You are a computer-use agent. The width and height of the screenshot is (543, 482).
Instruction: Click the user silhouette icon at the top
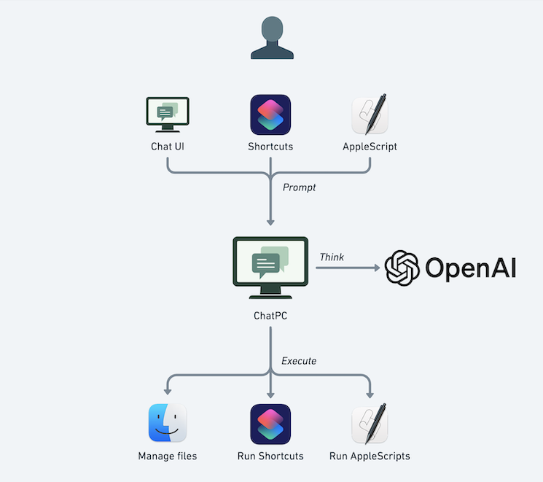(272, 39)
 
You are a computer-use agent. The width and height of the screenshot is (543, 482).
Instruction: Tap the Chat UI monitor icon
(168, 114)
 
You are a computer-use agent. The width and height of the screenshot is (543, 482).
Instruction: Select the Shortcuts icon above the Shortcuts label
(270, 114)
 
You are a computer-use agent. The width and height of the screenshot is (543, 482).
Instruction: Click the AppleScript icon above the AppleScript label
(370, 114)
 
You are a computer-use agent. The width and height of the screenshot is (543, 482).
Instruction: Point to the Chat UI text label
(168, 147)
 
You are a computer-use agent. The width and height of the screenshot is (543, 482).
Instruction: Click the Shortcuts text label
(270, 147)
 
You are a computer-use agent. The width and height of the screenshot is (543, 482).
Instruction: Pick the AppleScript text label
(370, 147)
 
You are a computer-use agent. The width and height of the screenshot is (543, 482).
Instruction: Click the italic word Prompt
(299, 187)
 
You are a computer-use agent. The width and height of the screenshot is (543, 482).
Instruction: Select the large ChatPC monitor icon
(270, 267)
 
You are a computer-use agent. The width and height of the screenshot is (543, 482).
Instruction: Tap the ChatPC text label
(270, 316)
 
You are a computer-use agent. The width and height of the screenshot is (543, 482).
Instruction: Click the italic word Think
(332, 257)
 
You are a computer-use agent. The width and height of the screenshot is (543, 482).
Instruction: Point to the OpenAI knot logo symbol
(402, 268)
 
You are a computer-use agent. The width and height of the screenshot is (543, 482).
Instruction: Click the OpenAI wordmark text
(470, 268)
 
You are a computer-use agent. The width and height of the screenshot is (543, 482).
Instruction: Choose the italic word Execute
(299, 360)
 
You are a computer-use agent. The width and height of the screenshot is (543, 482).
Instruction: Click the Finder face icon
(168, 423)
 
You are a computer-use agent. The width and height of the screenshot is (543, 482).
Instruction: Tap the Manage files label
(168, 456)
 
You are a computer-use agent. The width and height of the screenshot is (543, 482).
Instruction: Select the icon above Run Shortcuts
(270, 423)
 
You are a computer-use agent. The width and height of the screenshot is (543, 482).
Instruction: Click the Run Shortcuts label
(270, 456)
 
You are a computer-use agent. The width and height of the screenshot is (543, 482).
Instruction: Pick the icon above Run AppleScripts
(370, 423)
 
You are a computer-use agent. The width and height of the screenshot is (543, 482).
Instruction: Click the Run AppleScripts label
(370, 456)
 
